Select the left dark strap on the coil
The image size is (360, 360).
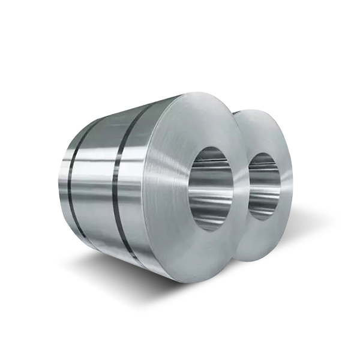(71, 174)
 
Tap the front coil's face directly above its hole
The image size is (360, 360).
(204, 120)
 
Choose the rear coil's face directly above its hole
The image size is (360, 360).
(264, 129)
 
